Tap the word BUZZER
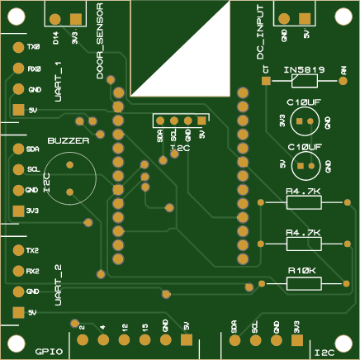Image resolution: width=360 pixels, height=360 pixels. (68, 141)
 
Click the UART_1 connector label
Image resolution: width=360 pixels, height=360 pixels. (58, 81)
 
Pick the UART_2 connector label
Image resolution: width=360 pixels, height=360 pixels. (58, 285)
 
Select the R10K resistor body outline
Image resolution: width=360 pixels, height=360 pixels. (304, 283)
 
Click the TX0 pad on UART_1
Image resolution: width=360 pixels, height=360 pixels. (17, 47)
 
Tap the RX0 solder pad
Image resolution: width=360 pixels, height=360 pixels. (17, 69)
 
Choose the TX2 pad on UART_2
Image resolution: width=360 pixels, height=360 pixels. (17, 249)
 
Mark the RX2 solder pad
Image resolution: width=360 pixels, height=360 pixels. (17, 271)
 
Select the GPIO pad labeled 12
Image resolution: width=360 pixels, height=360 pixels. (123, 339)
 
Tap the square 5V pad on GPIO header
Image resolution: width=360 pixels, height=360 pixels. (186, 339)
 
